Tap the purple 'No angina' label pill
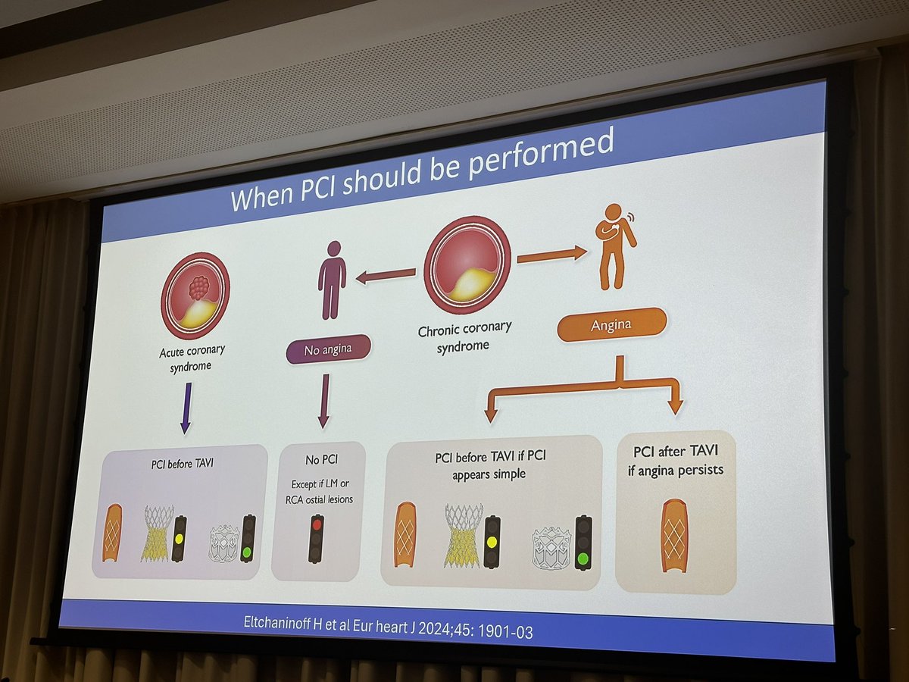click(329, 349)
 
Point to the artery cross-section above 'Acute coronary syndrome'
click(195, 295)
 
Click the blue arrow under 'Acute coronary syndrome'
click(186, 408)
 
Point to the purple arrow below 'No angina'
click(324, 400)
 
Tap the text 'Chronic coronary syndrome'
click(464, 336)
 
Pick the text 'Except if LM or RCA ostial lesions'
click(318, 491)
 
